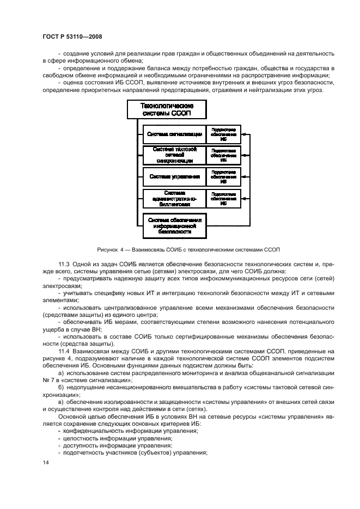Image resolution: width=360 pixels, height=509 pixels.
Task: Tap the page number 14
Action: click(45, 462)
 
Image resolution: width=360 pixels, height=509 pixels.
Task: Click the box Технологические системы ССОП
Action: click(167, 109)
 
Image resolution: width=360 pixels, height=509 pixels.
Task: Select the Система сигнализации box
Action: click(174, 134)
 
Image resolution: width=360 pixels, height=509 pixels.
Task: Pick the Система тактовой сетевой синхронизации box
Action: click(174, 155)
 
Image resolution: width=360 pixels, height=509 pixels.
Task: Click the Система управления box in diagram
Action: click(174, 176)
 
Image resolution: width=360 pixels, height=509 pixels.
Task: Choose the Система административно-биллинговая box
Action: click(174, 199)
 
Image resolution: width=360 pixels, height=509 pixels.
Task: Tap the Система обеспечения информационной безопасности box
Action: click(174, 226)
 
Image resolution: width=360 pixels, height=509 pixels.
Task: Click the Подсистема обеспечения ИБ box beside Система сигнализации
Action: click(223, 134)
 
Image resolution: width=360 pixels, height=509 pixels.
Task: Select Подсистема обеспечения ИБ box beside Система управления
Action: click(223, 176)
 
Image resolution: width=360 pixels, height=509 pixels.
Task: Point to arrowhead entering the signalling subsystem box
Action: click(243, 134)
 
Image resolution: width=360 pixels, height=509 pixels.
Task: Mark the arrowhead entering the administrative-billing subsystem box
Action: click(243, 199)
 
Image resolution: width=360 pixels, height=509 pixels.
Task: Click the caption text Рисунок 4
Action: click(112, 250)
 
